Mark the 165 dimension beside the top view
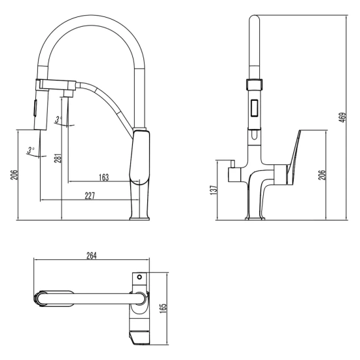164,304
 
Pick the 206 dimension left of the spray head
12,174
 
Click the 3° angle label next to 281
58,119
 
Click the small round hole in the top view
138,278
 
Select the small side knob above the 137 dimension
232,173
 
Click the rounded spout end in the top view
41,298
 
